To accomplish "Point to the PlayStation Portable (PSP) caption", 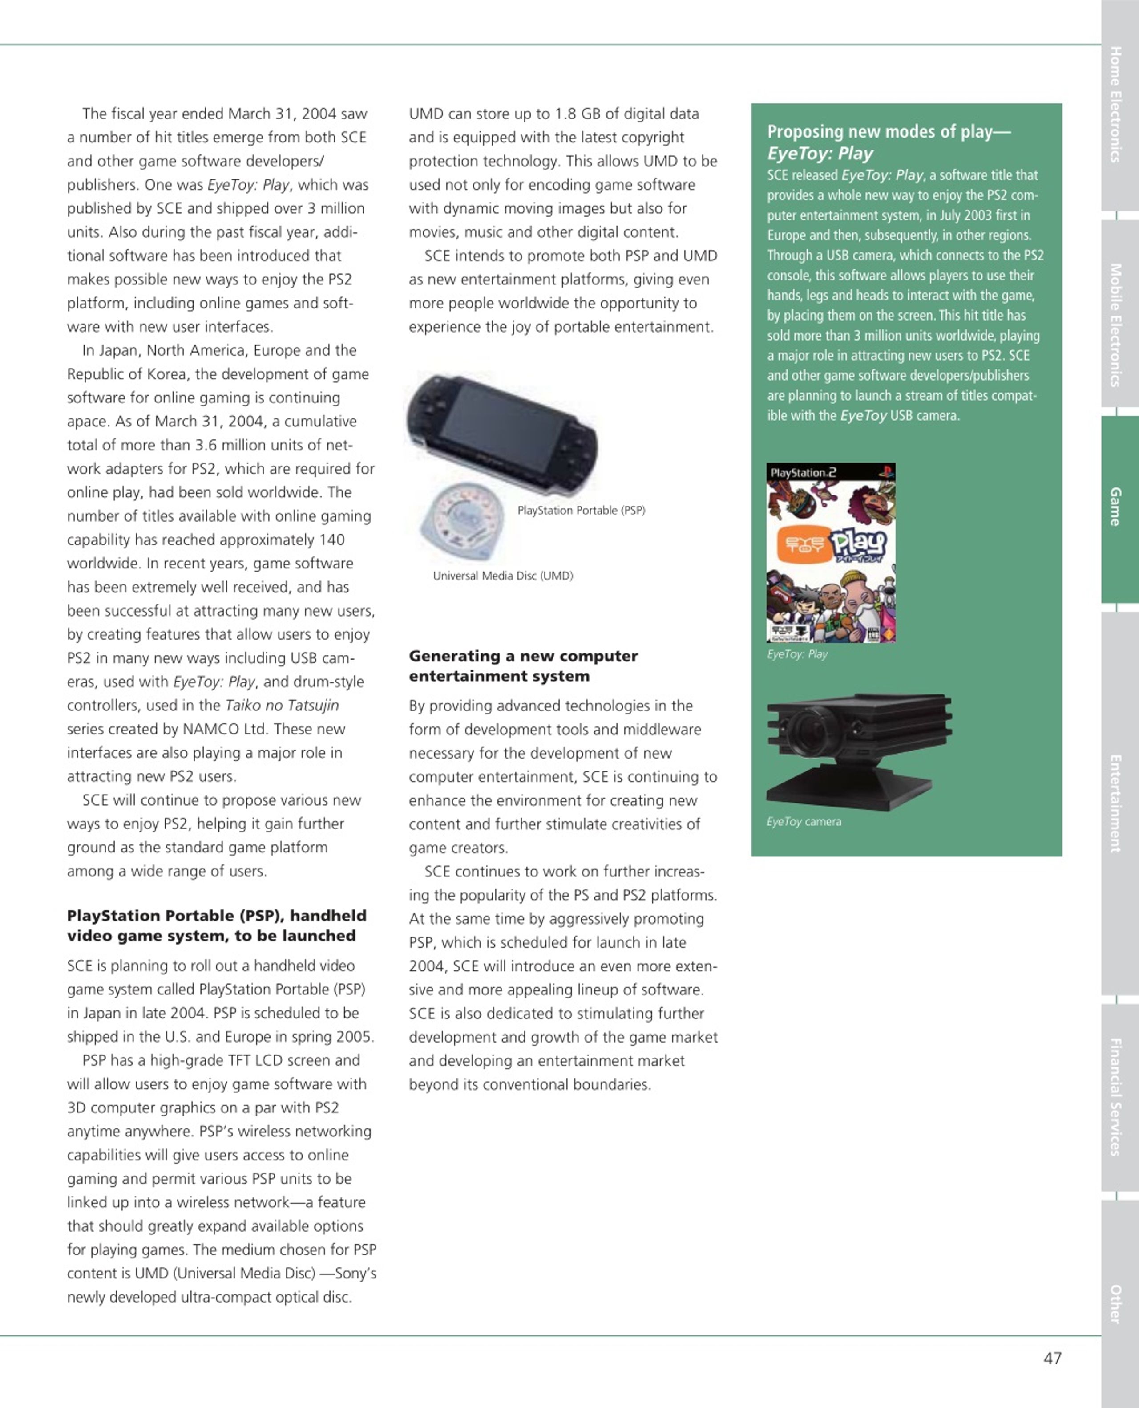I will pyautogui.click(x=581, y=510).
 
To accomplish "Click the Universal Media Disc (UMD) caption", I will pyautogui.click(x=503, y=576).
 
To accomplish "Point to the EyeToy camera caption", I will pyautogui.click(x=803, y=821).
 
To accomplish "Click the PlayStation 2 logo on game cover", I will pyautogui.click(x=803, y=472).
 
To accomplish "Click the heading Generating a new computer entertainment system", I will pyautogui.click(x=523, y=665).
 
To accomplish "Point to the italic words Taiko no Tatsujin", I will pyautogui.click(x=282, y=705).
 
